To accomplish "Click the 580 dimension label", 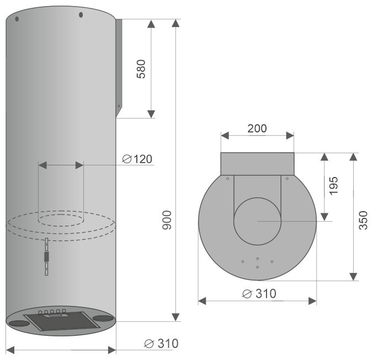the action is (141, 69).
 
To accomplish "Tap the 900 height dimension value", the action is (167, 220).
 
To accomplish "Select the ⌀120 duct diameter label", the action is (137, 159).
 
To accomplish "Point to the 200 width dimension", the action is (257, 128).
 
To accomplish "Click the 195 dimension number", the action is (333, 186).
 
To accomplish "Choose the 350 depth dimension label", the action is (363, 221).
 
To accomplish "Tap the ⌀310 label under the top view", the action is (259, 294).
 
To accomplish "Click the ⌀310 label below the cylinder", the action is (161, 343).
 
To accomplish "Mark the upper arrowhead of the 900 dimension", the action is (175, 23).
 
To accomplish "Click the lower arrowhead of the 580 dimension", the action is (151, 114).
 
